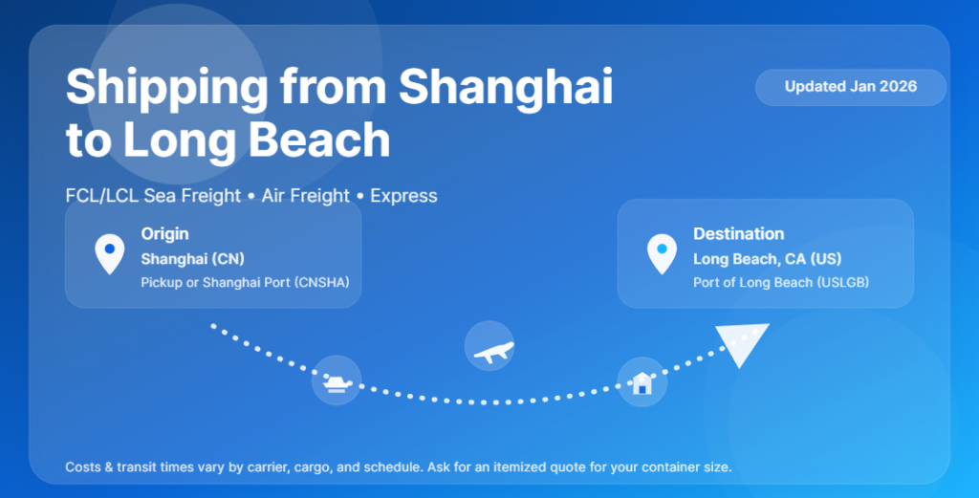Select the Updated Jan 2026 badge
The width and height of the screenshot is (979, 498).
pyautogui.click(x=850, y=87)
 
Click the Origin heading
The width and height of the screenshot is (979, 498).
pyautogui.click(x=164, y=234)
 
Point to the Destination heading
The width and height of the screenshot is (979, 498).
pyautogui.click(x=738, y=234)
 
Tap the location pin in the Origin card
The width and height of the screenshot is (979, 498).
pyautogui.click(x=110, y=252)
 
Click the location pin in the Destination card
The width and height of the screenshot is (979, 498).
pyautogui.click(x=662, y=252)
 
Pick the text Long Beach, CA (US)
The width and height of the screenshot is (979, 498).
pyautogui.click(x=767, y=259)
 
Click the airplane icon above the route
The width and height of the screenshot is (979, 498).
pyautogui.click(x=489, y=346)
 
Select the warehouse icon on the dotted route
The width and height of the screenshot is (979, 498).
pyautogui.click(x=642, y=382)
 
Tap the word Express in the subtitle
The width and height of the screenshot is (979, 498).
pyautogui.click(x=403, y=196)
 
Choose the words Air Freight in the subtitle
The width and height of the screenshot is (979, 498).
pyautogui.click(x=306, y=196)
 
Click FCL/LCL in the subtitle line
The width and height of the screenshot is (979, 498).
pyautogui.click(x=96, y=196)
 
